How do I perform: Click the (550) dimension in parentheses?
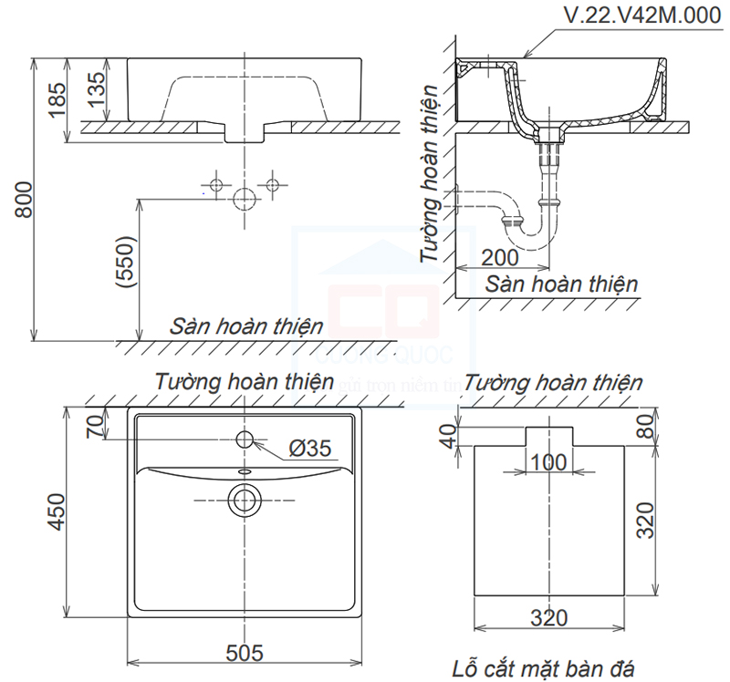click(125, 264)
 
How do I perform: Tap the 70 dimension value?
click(94, 427)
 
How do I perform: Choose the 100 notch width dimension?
click(547, 462)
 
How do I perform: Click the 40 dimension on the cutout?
click(447, 436)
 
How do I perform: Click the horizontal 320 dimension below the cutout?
click(547, 617)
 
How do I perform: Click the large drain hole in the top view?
click(245, 499)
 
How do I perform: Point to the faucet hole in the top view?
click(245, 439)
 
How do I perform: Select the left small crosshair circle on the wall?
click(216, 185)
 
